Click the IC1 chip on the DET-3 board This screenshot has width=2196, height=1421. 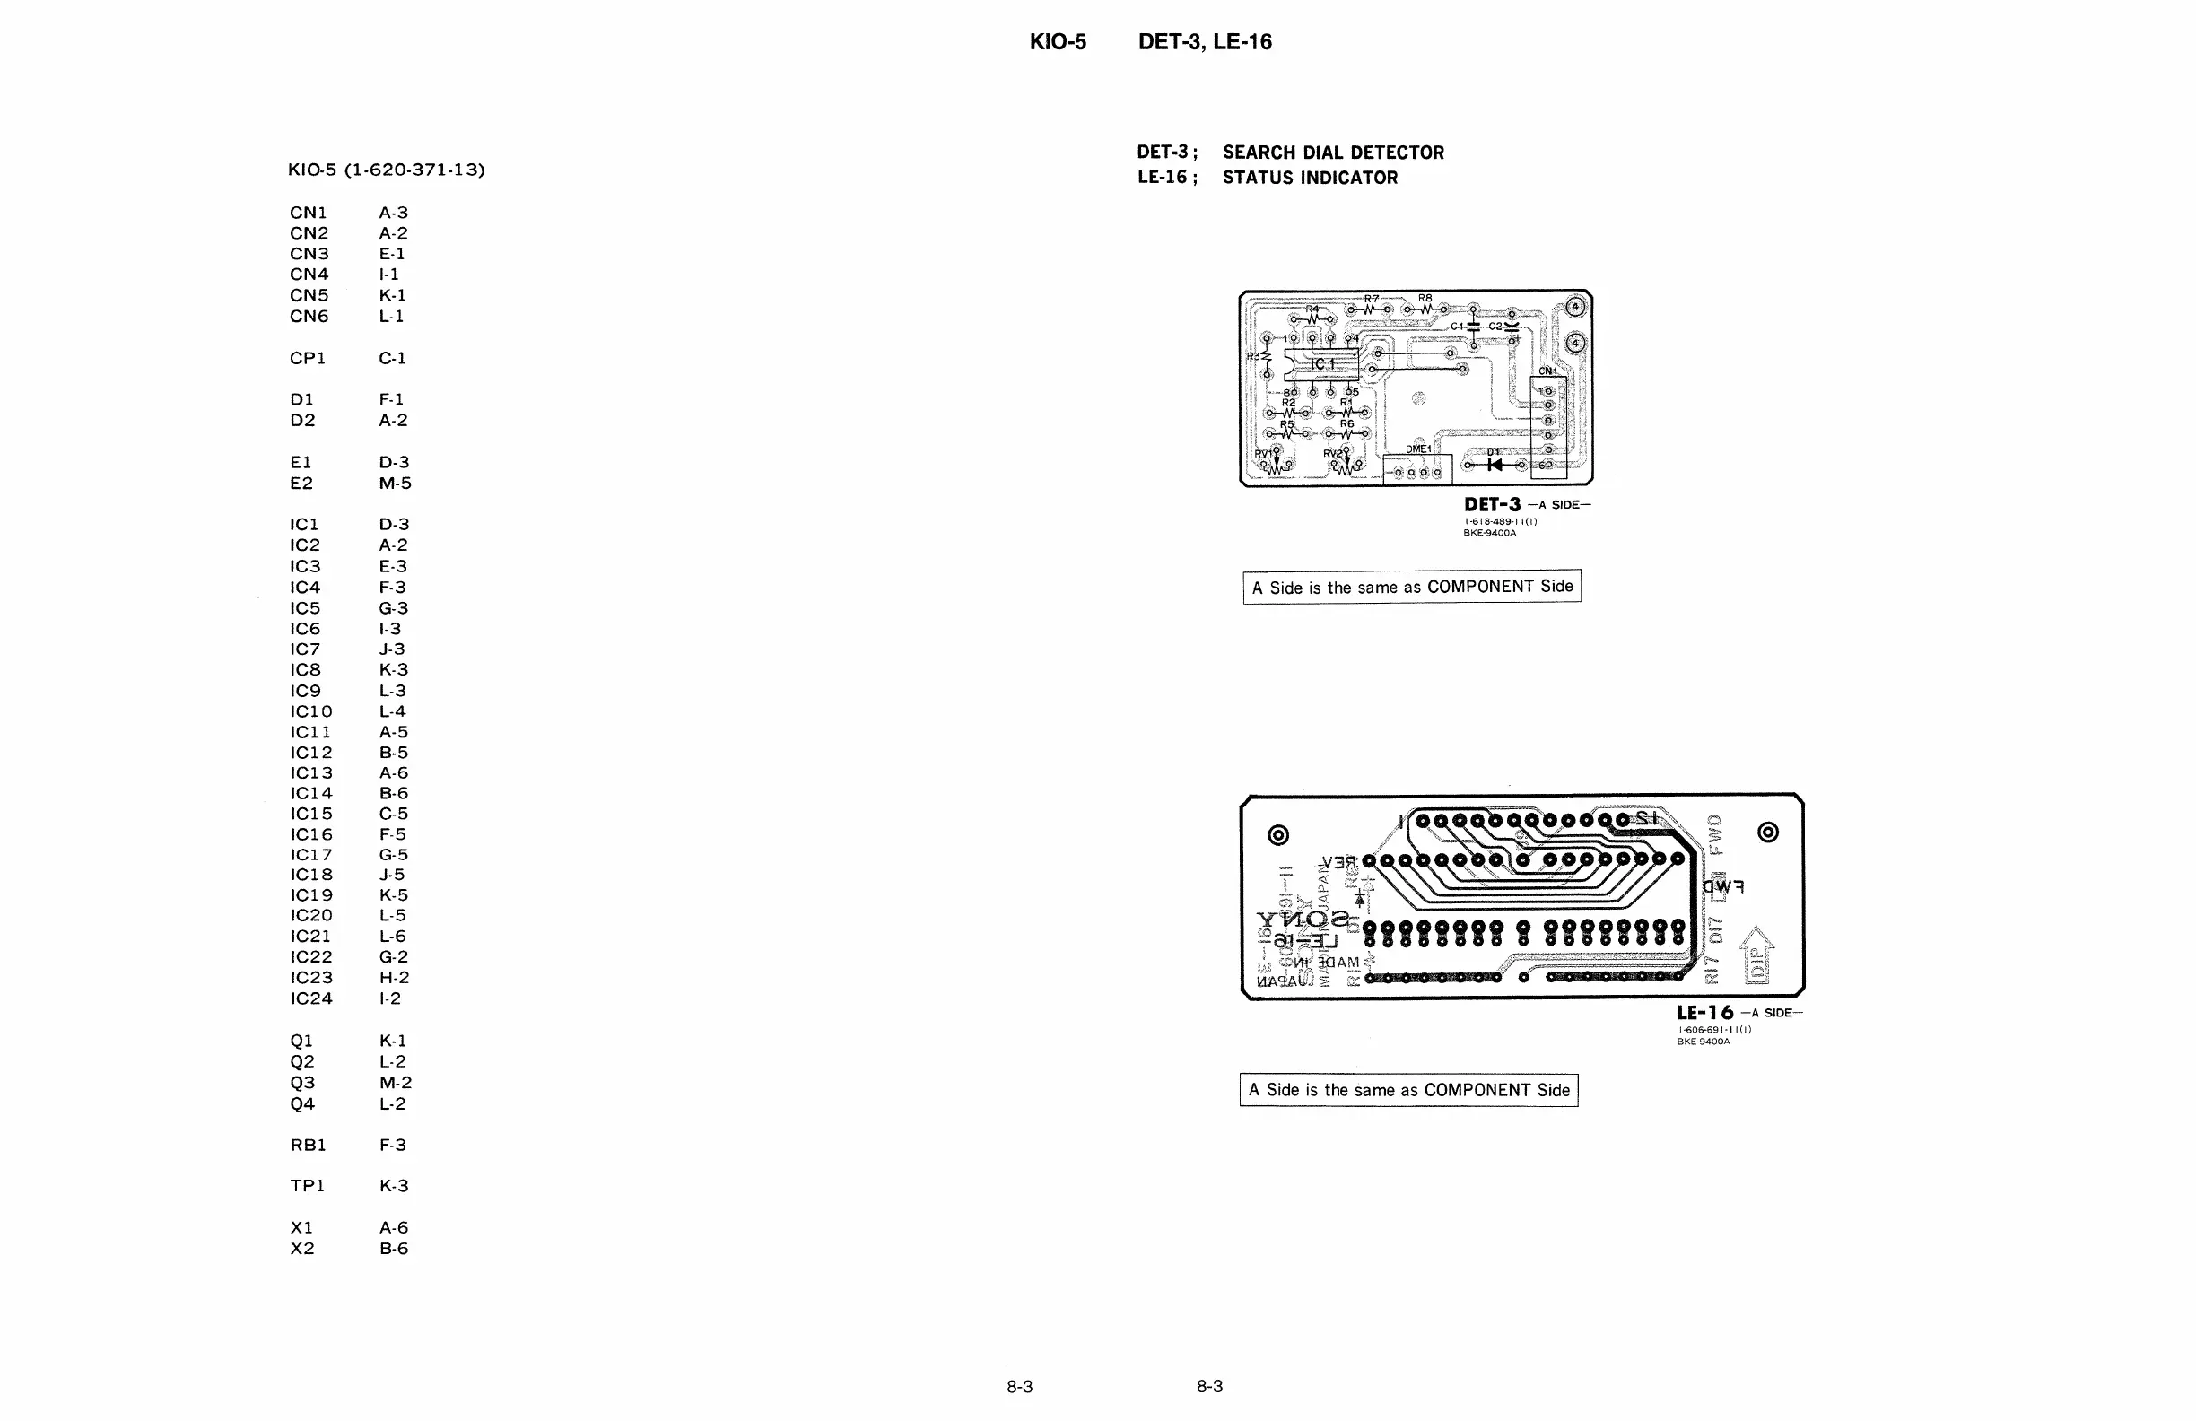coord(1322,364)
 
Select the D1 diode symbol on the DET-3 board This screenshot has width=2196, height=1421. coord(1494,464)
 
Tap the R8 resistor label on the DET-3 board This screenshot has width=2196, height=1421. coord(1425,298)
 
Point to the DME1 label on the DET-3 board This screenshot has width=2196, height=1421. coord(1418,449)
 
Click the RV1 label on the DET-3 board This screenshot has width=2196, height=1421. coord(1262,453)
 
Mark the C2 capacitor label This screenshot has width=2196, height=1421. coord(1495,327)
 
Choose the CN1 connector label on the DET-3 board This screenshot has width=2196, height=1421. coord(1547,371)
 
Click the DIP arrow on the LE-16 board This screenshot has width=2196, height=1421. coord(1756,956)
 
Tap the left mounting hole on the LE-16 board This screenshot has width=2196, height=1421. coord(1278,835)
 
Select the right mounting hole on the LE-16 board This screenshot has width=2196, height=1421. coord(1768,833)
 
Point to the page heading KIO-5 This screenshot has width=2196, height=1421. coord(1058,42)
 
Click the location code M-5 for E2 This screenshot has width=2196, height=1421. coord(395,484)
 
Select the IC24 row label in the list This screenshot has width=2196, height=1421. coord(311,998)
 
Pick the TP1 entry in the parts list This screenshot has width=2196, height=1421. coord(308,1186)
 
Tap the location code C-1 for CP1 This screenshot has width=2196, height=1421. coord(392,358)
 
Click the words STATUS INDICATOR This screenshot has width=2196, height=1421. coord(1310,179)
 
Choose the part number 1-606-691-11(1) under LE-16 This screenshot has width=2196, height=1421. coord(1713,1030)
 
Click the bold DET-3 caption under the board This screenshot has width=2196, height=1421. coord(1492,505)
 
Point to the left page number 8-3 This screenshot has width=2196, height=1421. coord(1020,1386)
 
